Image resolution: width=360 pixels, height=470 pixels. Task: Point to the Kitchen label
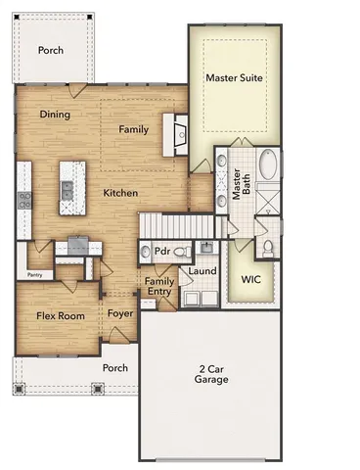point(120,193)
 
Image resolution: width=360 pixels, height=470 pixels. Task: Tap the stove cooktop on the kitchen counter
point(23,201)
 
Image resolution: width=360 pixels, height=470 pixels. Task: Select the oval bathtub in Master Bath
point(269,165)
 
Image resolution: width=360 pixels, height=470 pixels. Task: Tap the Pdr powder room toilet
point(177,253)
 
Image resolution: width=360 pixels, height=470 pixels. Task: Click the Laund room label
point(202,270)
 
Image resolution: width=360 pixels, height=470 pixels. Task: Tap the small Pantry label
point(37,275)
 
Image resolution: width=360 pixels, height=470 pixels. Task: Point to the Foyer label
point(120,314)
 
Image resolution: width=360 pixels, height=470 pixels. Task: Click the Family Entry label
point(159,287)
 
